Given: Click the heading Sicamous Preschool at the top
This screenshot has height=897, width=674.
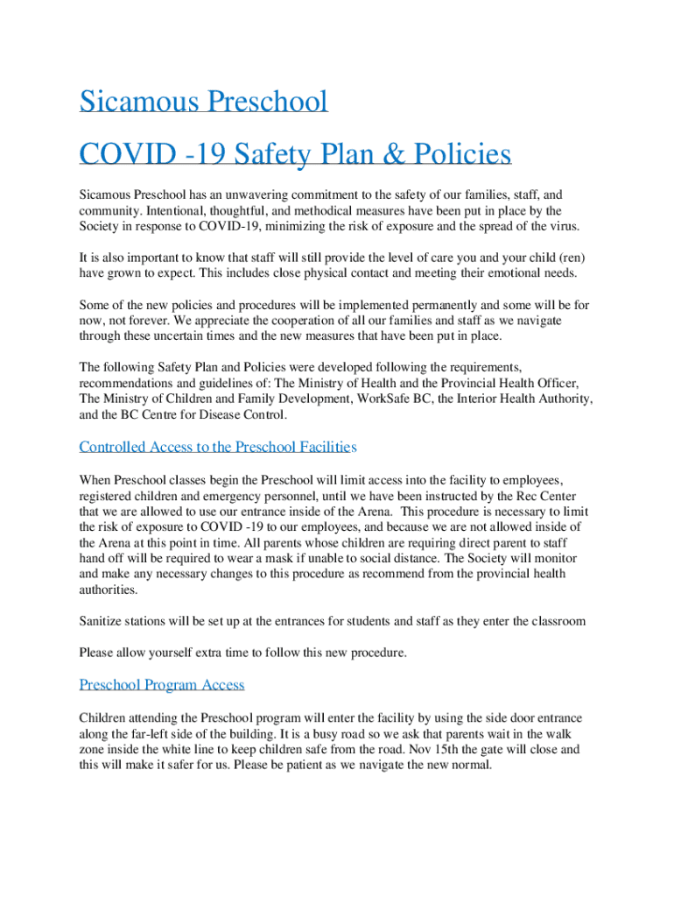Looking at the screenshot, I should tap(203, 102).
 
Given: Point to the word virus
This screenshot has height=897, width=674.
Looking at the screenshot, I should tap(560, 227).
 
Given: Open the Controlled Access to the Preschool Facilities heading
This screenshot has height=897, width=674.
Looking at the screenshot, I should tap(218, 448).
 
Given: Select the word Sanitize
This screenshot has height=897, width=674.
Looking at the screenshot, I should tap(103, 622).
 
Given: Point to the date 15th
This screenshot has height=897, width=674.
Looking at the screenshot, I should tap(460, 749).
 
